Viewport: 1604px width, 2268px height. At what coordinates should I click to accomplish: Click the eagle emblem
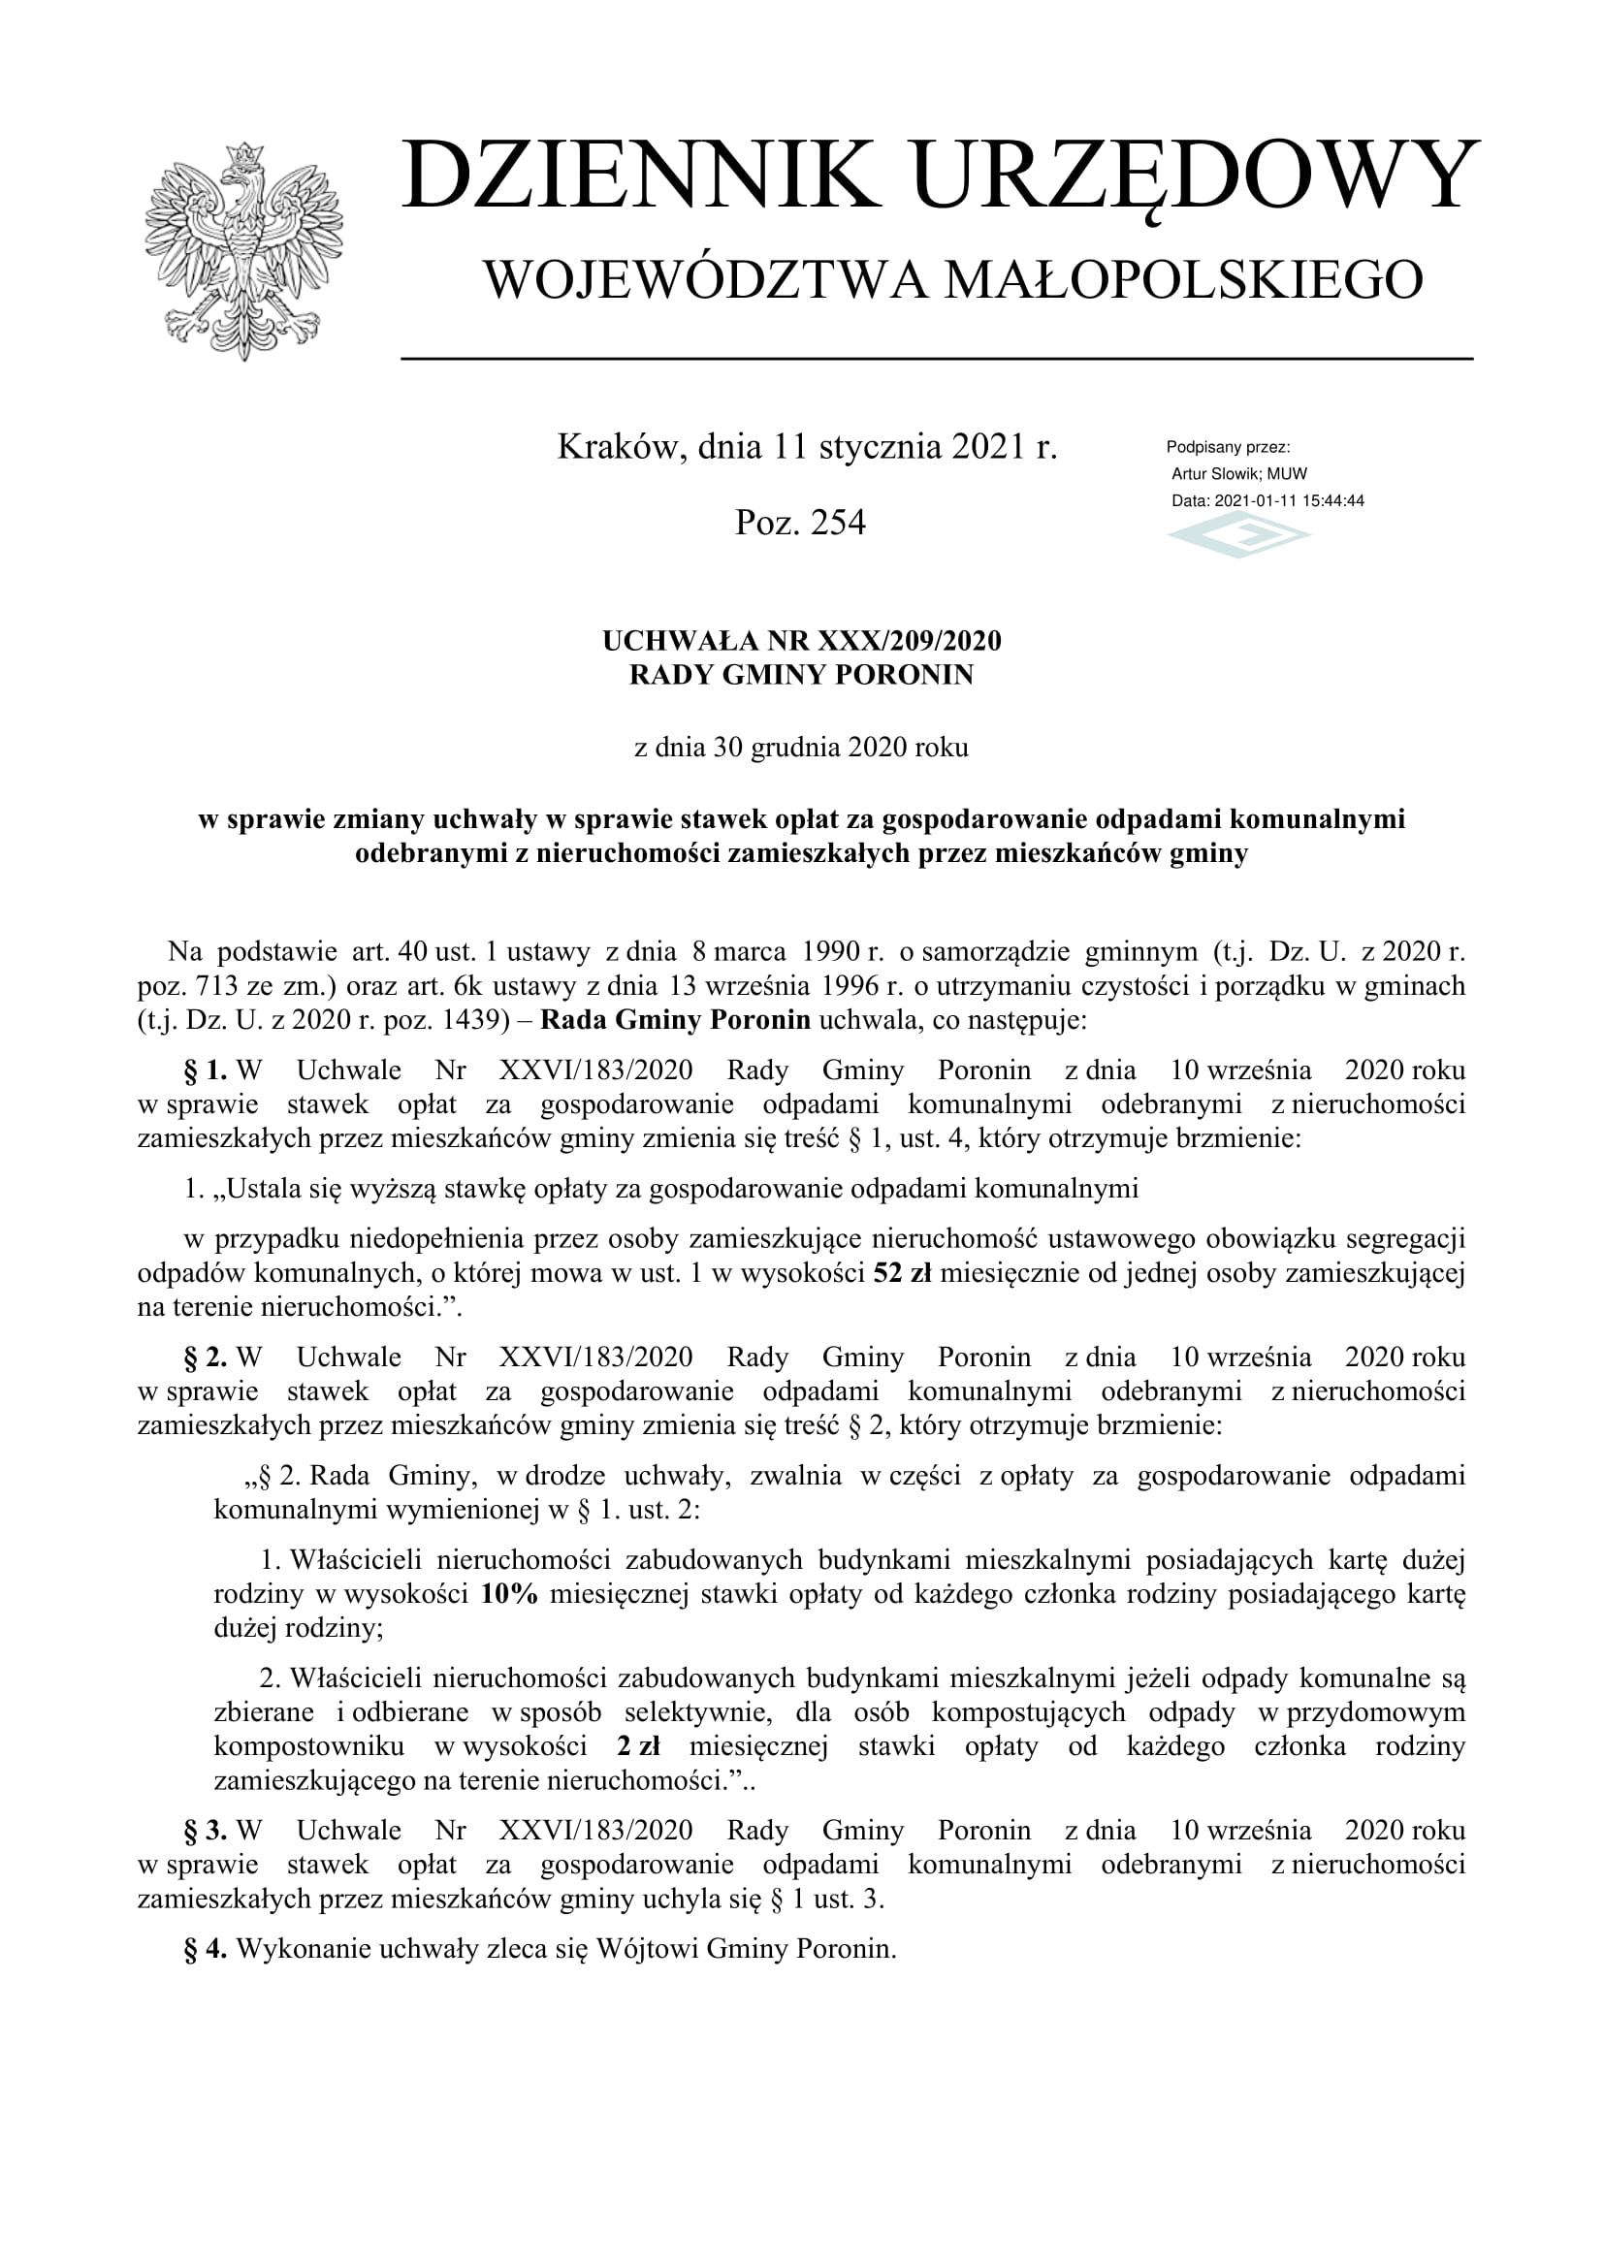pos(243,250)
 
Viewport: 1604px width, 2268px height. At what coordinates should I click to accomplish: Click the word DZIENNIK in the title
pos(641,176)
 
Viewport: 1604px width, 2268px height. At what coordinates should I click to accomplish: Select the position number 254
pos(838,523)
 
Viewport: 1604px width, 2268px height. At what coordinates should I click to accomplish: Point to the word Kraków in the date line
pos(621,447)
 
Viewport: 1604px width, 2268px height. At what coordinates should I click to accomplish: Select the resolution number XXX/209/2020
pos(909,642)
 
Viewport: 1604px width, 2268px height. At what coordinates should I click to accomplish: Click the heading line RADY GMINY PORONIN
pos(801,676)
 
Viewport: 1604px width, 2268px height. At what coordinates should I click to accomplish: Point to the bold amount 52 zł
pos(903,1273)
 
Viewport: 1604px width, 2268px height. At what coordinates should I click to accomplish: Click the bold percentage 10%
pos(510,1594)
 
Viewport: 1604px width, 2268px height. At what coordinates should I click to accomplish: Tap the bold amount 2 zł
pos(639,1746)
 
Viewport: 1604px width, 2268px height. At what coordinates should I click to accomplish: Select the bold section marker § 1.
pos(206,1070)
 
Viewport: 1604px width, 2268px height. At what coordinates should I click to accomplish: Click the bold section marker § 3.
pos(206,1831)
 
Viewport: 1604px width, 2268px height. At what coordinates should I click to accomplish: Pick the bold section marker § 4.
pos(206,1949)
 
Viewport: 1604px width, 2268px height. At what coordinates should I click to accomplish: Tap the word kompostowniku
pos(309,1746)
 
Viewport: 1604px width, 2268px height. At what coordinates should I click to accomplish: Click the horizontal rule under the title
pos(937,359)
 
